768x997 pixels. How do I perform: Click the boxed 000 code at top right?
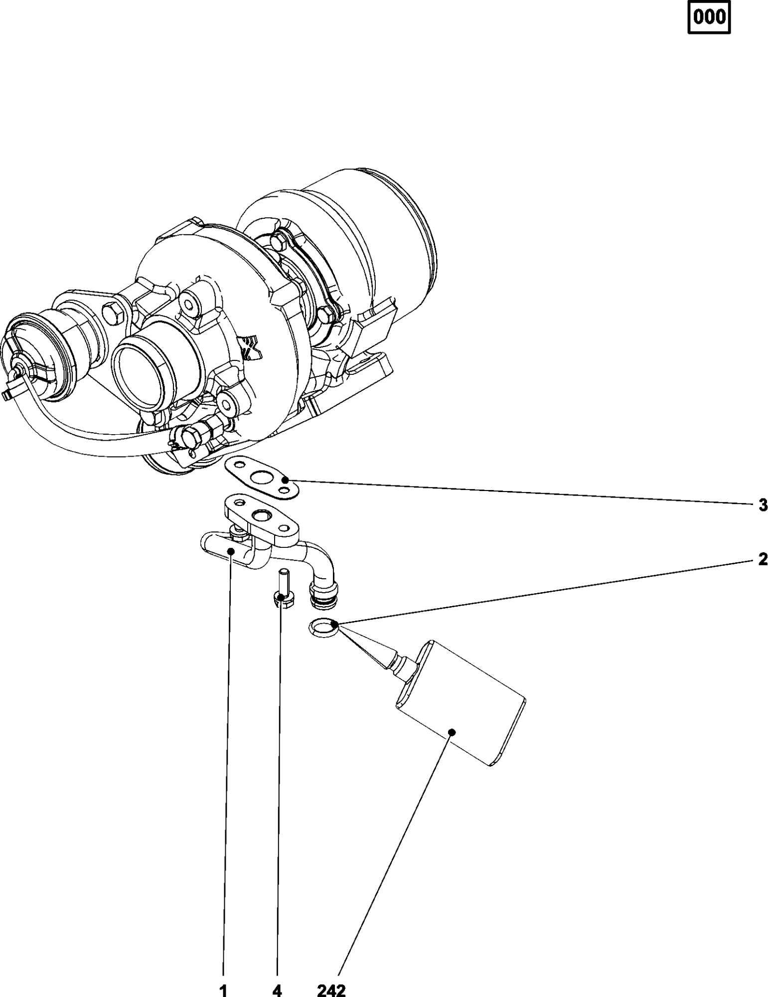[709, 18]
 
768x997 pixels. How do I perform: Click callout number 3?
[763, 505]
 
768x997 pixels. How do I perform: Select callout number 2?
[763, 559]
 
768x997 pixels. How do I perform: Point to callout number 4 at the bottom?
[277, 990]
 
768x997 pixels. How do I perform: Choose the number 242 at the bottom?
[331, 990]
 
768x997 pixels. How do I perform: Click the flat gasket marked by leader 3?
[262, 479]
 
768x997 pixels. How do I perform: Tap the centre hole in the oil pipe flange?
[261, 515]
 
